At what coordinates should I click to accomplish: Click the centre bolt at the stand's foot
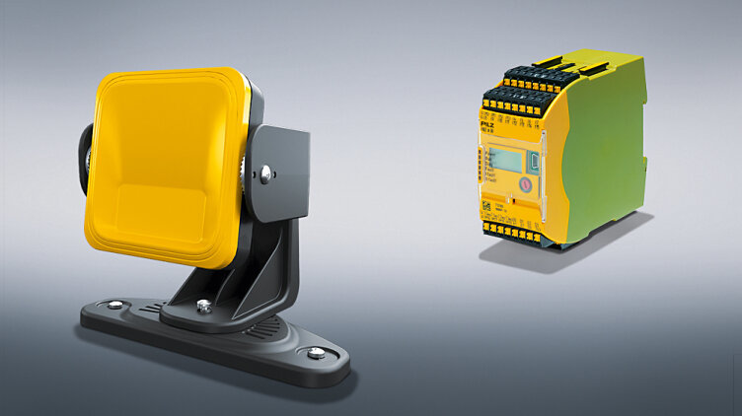(204, 307)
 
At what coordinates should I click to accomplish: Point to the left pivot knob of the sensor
(85, 157)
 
